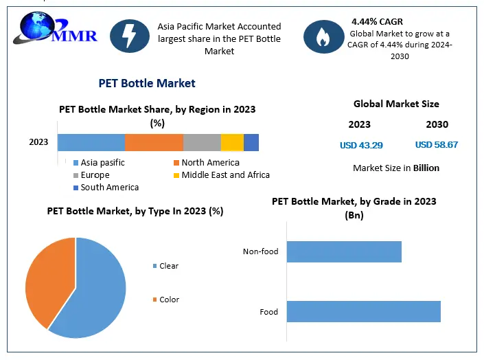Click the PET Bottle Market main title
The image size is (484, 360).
(148, 83)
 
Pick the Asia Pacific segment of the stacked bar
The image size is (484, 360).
(91, 142)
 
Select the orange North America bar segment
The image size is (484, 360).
(154, 142)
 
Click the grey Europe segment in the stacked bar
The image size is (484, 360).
(202, 142)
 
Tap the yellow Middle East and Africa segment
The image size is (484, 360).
(232, 142)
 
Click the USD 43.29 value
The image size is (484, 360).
(361, 145)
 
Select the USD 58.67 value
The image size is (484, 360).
(437, 145)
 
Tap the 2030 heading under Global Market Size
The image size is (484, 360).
(437, 124)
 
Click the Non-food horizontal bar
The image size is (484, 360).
(343, 251)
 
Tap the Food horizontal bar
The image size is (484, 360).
(363, 311)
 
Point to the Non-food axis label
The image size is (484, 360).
(261, 251)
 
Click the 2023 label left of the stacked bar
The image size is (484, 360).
(38, 142)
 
